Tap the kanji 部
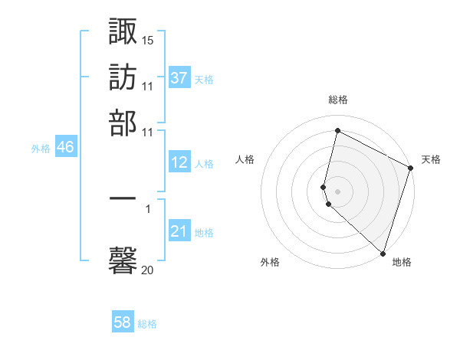(123, 123)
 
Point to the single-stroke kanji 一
(123, 198)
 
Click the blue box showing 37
(179, 77)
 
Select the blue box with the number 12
(179, 162)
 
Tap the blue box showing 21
(179, 231)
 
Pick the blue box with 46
(65, 147)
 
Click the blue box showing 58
(123, 322)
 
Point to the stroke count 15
(148, 39)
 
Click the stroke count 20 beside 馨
(148, 270)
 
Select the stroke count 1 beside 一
(148, 208)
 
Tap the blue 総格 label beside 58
(147, 324)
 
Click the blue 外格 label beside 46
(40, 149)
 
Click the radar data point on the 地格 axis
(383, 253)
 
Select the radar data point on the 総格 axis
(337, 131)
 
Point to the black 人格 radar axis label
(245, 159)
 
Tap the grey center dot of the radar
(337, 190)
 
